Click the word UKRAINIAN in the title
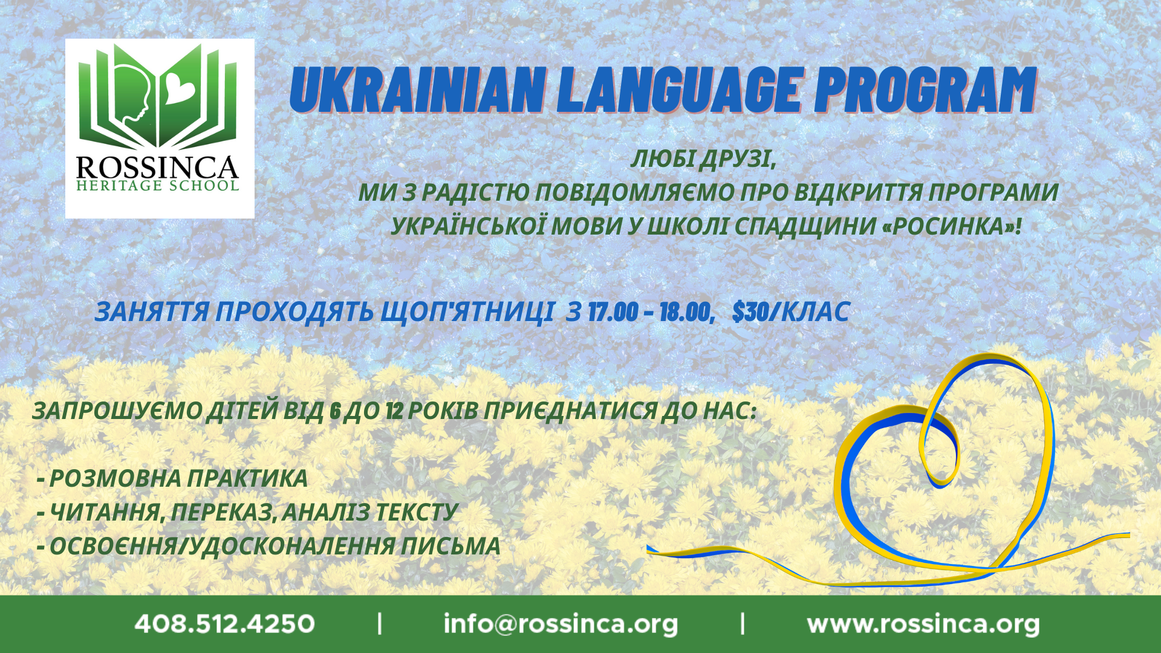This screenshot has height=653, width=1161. pos(418,90)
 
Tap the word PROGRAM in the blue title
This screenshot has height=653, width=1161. pos(925,90)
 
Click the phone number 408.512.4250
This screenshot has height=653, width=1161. pos(225,624)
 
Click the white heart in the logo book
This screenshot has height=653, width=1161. pos(180,89)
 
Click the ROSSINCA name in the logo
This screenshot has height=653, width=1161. pos(157,167)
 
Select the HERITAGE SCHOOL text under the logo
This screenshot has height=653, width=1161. pos(158,186)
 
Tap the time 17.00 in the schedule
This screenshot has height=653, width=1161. pos(613,312)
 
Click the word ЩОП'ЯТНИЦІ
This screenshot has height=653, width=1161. pos(467,312)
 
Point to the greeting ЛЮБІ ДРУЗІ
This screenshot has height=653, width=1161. pos(703,159)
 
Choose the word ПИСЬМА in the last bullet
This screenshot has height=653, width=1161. pos(450,546)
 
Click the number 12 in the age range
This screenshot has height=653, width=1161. pos(394,411)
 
